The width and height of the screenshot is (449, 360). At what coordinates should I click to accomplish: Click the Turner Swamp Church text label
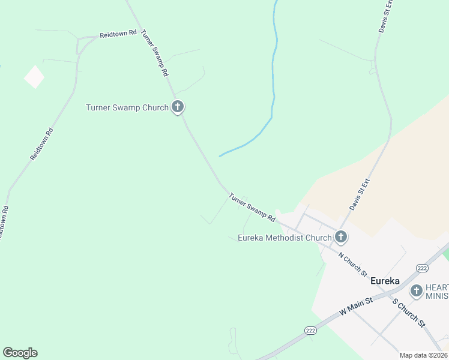[x=127, y=108]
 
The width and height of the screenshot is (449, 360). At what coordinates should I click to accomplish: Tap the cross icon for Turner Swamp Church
[x=178, y=107]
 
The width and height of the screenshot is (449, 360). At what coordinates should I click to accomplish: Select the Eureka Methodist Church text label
[x=285, y=238]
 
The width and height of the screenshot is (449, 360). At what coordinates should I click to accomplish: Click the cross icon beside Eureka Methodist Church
[x=341, y=237]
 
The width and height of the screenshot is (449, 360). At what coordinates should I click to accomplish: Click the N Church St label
[x=353, y=264]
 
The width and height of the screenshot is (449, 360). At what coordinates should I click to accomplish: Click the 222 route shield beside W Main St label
[x=310, y=331]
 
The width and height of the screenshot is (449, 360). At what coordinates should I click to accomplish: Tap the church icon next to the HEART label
[x=417, y=291]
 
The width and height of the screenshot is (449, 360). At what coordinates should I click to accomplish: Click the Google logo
[x=20, y=353]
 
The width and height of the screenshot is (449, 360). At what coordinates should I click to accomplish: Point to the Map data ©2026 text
[x=423, y=355]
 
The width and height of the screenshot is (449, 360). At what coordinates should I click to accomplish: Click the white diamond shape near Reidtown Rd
[x=34, y=77]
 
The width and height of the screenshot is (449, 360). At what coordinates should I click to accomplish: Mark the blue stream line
[x=274, y=90]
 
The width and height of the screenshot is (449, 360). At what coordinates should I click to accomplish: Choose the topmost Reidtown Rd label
[x=118, y=34]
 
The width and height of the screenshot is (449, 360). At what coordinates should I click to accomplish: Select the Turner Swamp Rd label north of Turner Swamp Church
[x=154, y=53]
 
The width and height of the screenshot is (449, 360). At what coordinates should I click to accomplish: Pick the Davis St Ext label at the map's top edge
[x=385, y=16]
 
